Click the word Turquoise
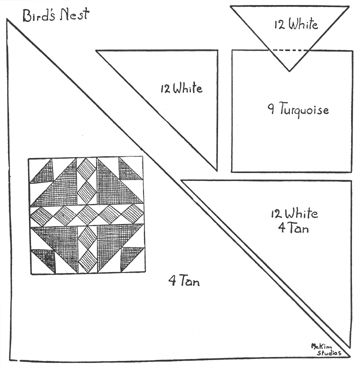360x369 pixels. pos(304,108)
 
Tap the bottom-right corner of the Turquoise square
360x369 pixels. pos(350,172)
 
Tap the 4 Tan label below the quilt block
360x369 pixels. pos(184,282)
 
